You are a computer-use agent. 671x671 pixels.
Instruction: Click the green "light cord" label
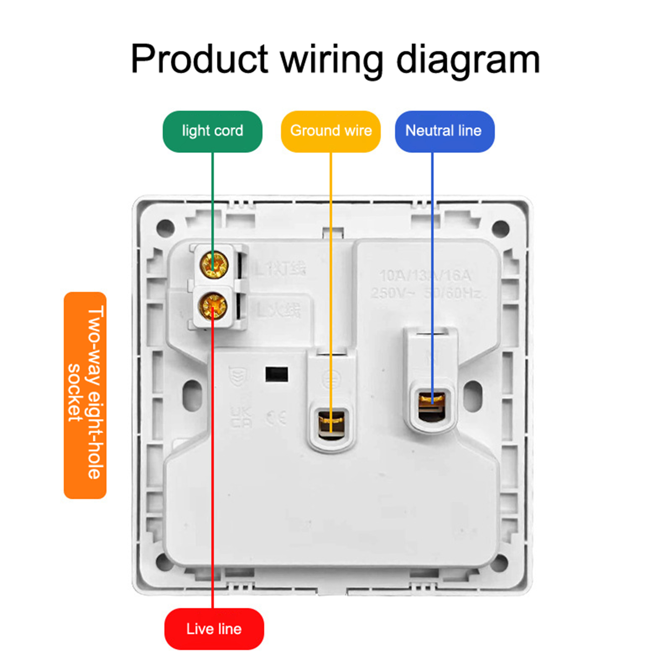pyautogui.click(x=212, y=131)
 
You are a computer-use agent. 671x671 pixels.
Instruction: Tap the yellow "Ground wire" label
pyautogui.click(x=330, y=131)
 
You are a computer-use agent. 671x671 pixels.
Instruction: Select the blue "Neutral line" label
pyautogui.click(x=444, y=131)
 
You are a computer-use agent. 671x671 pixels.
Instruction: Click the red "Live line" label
pyautogui.click(x=214, y=629)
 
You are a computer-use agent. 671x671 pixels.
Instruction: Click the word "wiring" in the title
pyautogui.click(x=331, y=60)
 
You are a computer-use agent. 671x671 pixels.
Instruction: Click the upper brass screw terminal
pyautogui.click(x=214, y=265)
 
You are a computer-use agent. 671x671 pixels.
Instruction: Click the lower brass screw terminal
pyautogui.click(x=213, y=305)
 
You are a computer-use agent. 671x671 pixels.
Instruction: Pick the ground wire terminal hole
pyautogui.click(x=331, y=424)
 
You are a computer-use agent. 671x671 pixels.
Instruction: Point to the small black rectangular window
pyautogui.click(x=277, y=374)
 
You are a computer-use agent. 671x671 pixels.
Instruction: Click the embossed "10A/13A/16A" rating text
pyautogui.click(x=425, y=276)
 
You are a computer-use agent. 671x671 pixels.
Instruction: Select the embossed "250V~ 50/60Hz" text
pyautogui.click(x=425, y=293)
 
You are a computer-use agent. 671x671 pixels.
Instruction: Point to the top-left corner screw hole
pyautogui.click(x=165, y=228)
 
